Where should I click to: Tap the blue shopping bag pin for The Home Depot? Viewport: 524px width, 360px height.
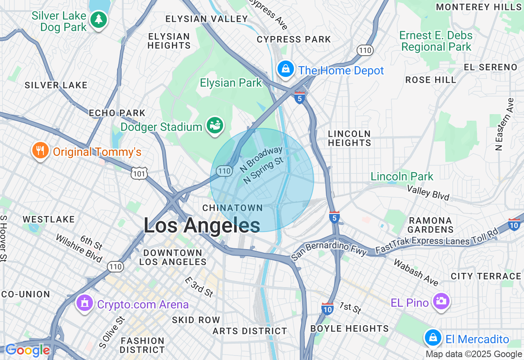coord(286,69)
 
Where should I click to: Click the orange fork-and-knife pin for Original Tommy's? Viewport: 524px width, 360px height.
coord(40,151)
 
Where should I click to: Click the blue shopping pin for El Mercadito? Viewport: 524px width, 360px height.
coord(432,337)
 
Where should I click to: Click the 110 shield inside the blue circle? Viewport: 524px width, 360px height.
coord(225,171)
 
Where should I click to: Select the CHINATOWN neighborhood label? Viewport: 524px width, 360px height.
coord(233,208)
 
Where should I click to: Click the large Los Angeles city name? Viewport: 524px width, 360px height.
coord(201,225)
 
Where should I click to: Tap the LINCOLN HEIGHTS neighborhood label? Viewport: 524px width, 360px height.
coord(349,138)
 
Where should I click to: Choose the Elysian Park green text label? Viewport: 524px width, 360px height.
coord(230,83)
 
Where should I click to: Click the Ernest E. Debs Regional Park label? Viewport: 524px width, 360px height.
coord(436,41)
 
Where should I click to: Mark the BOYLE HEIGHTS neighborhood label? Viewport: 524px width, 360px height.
coord(350,328)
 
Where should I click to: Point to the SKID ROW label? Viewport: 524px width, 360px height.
coord(196,320)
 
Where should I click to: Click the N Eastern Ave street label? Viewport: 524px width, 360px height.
coord(504,124)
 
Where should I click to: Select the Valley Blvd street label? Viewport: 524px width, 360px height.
coord(427,192)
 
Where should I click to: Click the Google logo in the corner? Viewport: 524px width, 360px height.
coord(27,351)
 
